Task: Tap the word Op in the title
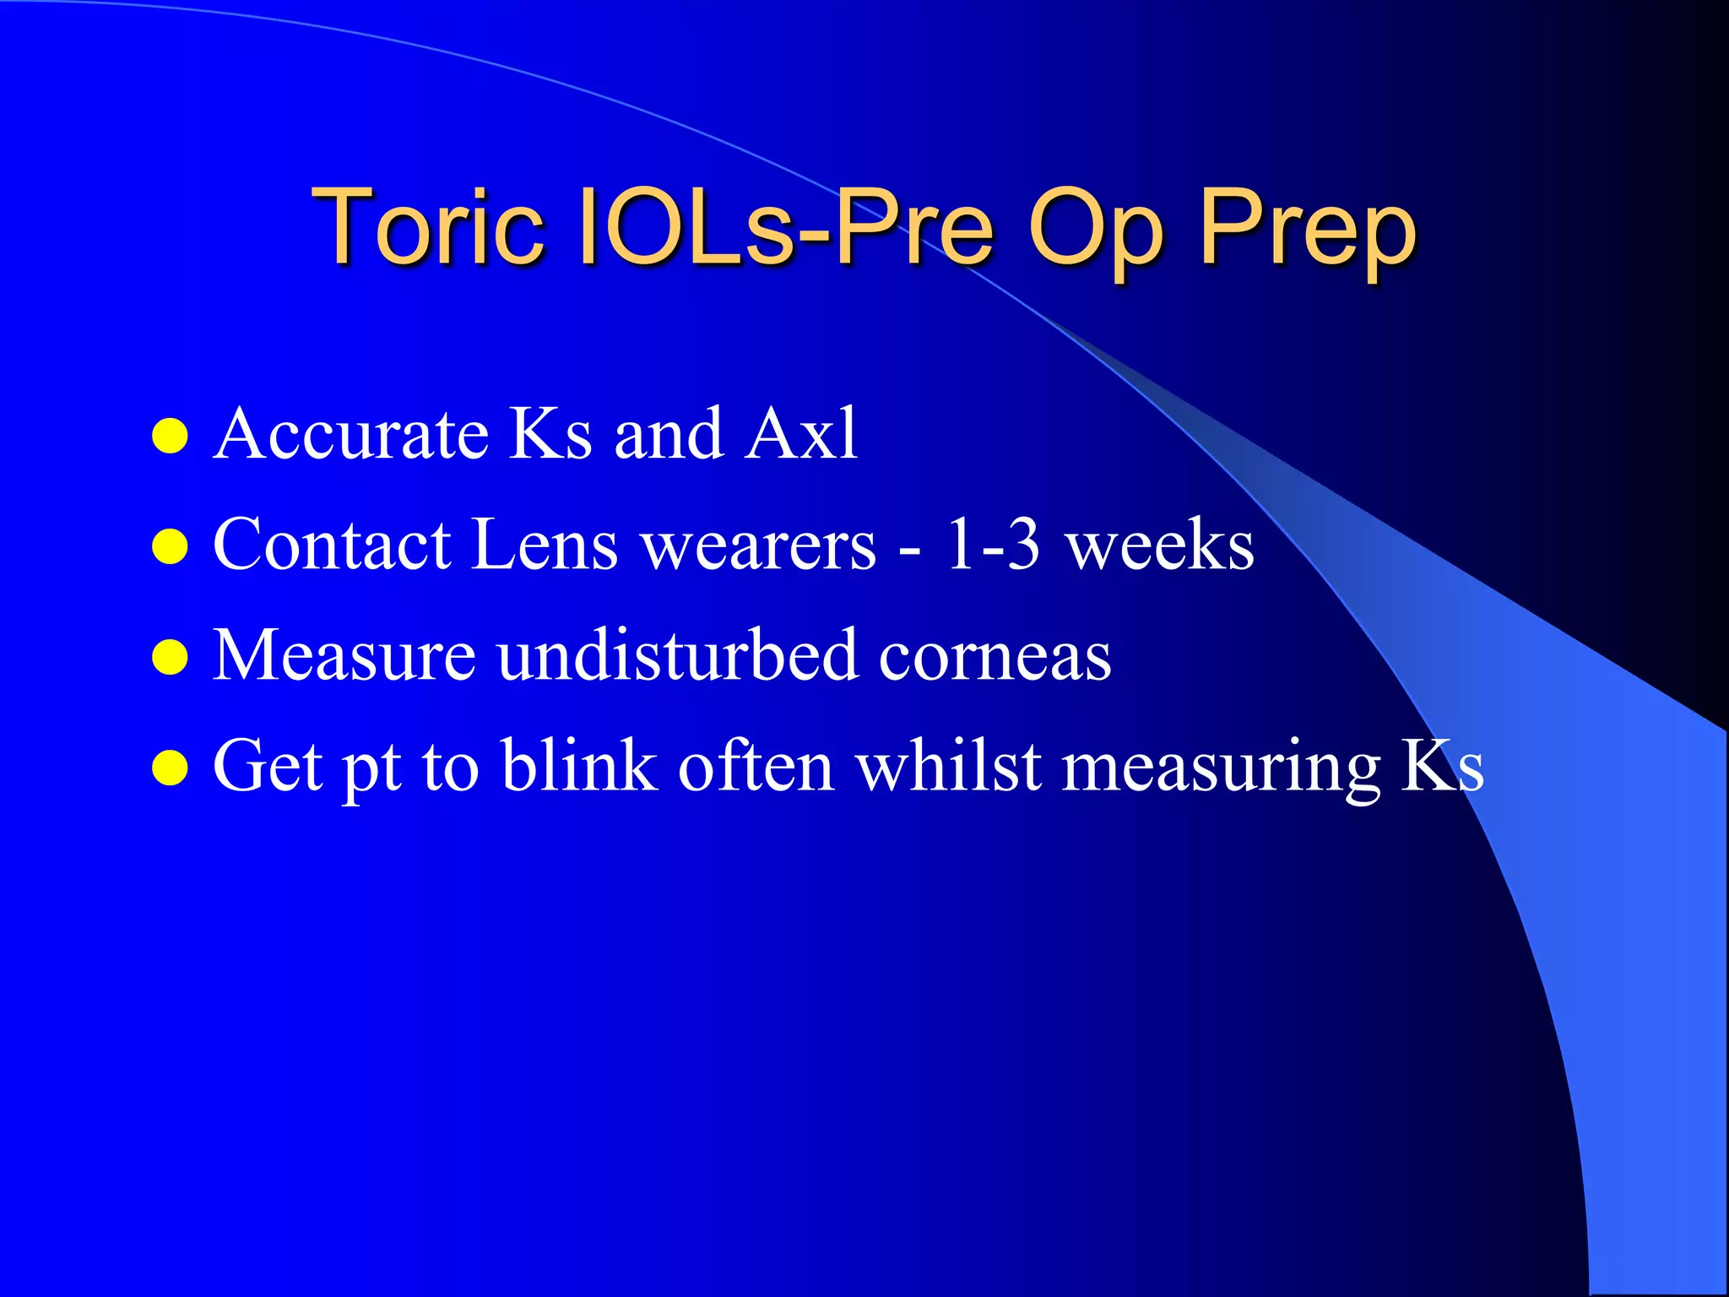(1095, 232)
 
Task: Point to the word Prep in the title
(1307, 232)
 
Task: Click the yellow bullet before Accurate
(170, 437)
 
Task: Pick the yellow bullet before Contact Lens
(170, 546)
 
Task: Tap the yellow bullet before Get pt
(170, 768)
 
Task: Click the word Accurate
(351, 434)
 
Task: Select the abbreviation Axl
(801, 434)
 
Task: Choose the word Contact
(332, 545)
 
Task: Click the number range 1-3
(992, 545)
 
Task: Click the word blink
(579, 765)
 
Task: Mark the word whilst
(947, 765)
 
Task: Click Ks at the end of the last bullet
(1442, 765)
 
